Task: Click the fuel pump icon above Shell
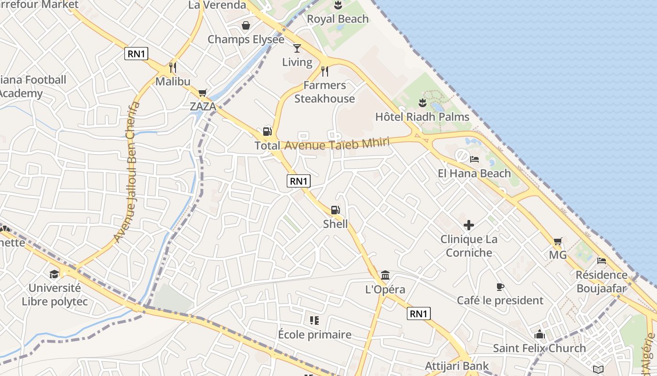pyautogui.click(x=335, y=210)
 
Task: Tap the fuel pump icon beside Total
pyautogui.click(x=267, y=132)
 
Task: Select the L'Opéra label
pyautogui.click(x=385, y=290)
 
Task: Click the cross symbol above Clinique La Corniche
pyautogui.click(x=468, y=225)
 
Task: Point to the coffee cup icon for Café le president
pyautogui.click(x=500, y=287)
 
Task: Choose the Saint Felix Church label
pyautogui.click(x=539, y=348)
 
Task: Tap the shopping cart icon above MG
pyautogui.click(x=558, y=242)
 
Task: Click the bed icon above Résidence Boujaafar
pyautogui.click(x=601, y=260)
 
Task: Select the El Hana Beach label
pyautogui.click(x=474, y=173)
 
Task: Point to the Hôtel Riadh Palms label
pyautogui.click(x=422, y=117)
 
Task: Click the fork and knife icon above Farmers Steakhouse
pyautogui.click(x=324, y=71)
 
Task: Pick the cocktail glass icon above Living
pyautogui.click(x=297, y=48)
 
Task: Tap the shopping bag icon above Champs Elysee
pyautogui.click(x=245, y=25)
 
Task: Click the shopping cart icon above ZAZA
pyautogui.click(x=202, y=93)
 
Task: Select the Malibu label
pyautogui.click(x=173, y=81)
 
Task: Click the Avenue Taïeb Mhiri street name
pyautogui.click(x=337, y=144)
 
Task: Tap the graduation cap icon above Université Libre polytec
pyautogui.click(x=54, y=274)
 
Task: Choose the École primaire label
pyautogui.click(x=314, y=335)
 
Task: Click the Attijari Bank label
pyautogui.click(x=457, y=366)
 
